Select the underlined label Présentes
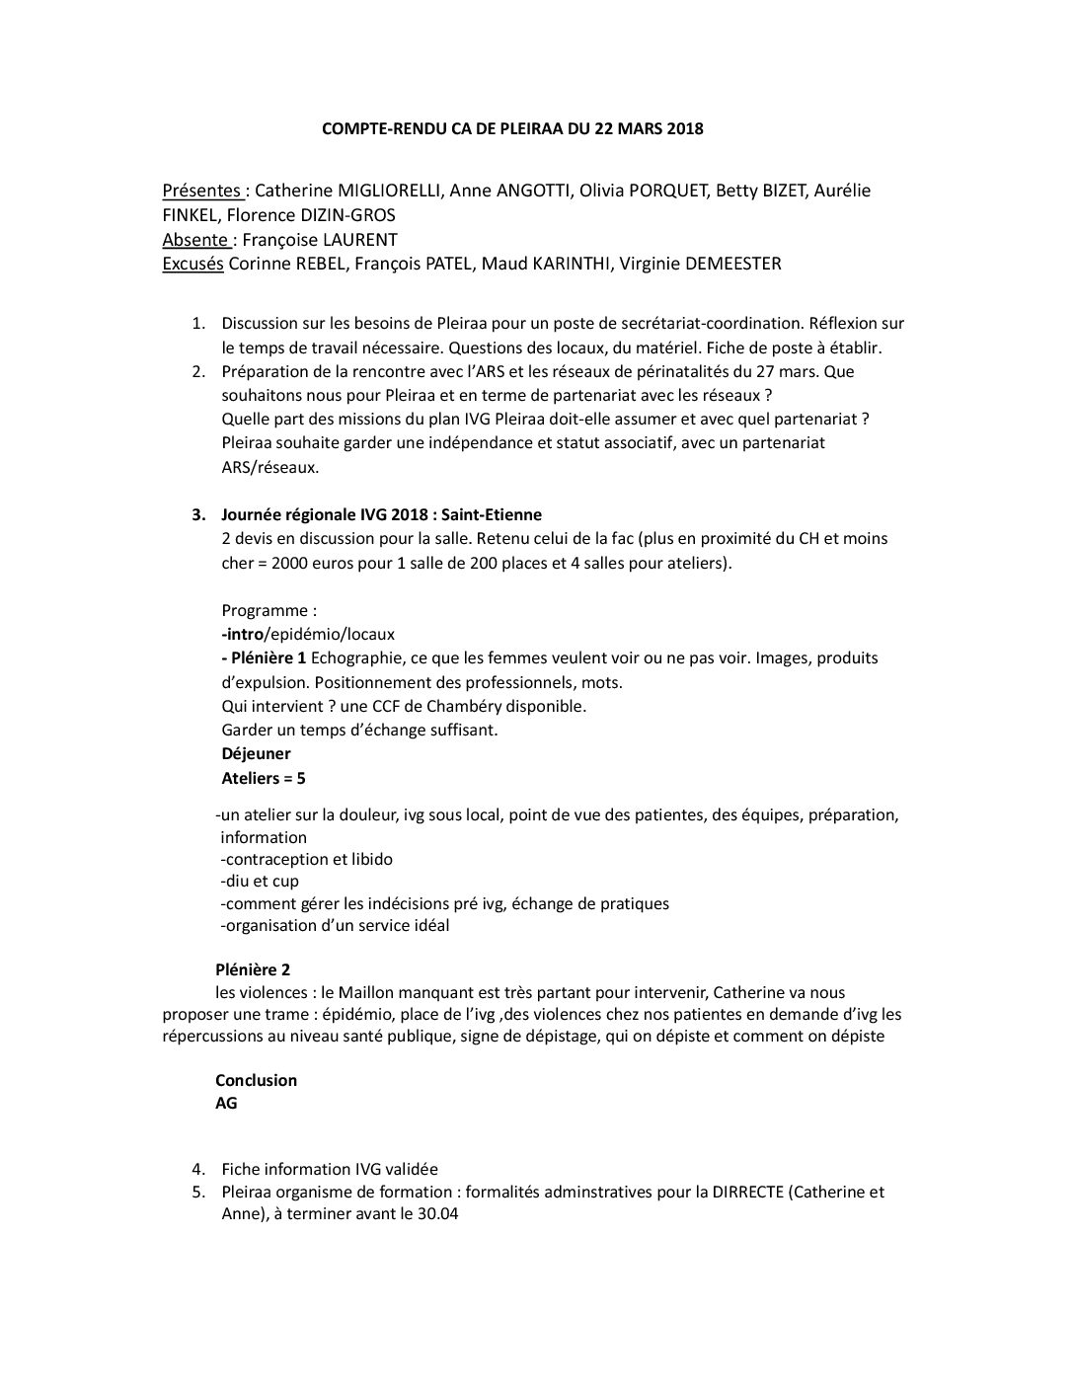tap(201, 191)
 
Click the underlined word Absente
tap(195, 239)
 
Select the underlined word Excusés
tap(192, 264)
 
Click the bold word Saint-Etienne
tap(492, 514)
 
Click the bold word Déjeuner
tap(256, 753)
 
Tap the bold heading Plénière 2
tap(253, 969)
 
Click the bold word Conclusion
tap(256, 1080)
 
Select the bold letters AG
tap(226, 1103)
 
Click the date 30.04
tap(437, 1214)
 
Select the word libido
tap(369, 859)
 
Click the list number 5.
tap(198, 1192)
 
